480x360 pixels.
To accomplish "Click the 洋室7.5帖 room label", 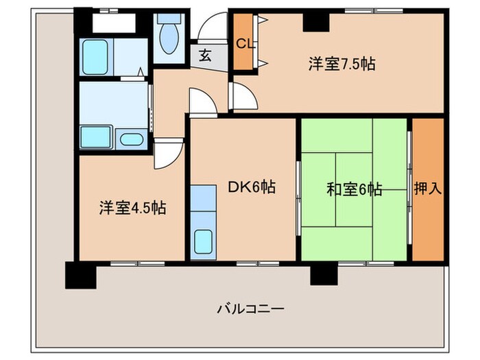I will click(x=341, y=64).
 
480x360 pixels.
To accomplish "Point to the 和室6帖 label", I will click(x=354, y=190).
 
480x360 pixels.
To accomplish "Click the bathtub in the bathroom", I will click(x=96, y=56).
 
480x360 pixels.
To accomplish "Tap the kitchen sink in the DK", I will click(x=203, y=242).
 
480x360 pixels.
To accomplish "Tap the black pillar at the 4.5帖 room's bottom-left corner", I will click(x=79, y=276).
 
